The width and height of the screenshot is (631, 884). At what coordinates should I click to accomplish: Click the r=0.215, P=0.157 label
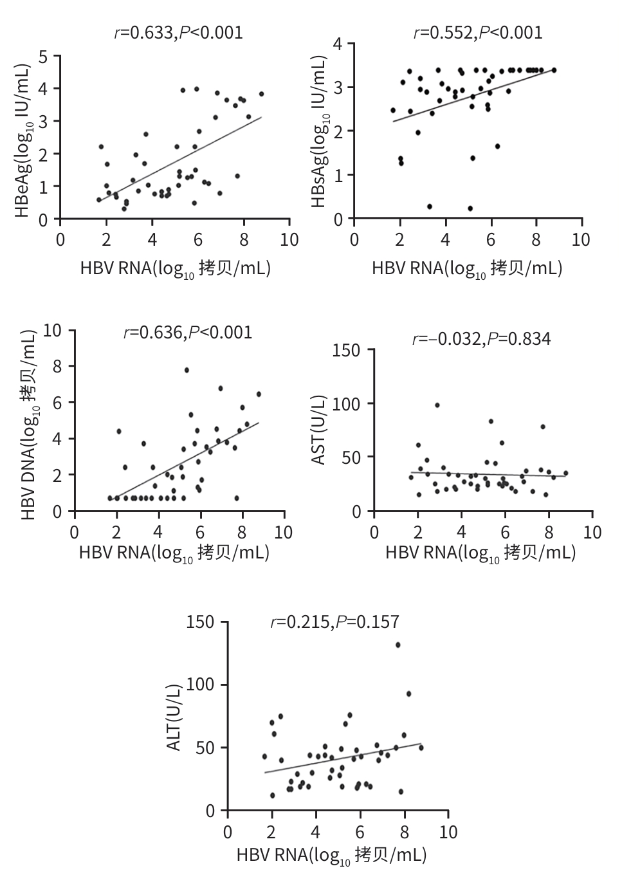coord(334,622)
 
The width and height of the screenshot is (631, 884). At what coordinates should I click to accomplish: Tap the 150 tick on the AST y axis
coord(346,350)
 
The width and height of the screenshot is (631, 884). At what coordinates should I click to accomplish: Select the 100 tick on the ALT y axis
coord(200,685)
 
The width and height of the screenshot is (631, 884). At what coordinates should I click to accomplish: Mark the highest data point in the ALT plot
coord(398,645)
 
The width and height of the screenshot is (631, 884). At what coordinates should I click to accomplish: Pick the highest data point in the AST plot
coord(437,405)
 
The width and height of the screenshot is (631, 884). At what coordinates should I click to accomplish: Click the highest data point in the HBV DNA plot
coord(187,370)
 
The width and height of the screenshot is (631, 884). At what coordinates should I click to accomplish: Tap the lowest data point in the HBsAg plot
coord(470,208)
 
